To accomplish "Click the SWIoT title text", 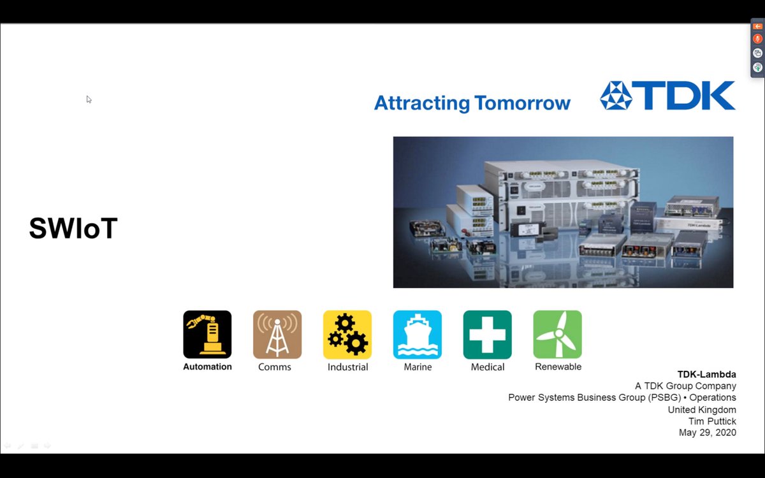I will click(73, 229).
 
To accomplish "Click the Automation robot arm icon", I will click(207, 334).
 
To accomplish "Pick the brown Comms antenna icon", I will click(277, 334).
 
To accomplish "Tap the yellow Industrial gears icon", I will click(347, 334).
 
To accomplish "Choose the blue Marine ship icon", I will click(418, 334).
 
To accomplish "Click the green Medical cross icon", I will click(488, 334).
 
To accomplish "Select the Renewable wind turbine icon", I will click(558, 334).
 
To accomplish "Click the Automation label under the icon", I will click(207, 367).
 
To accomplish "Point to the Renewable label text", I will click(558, 367).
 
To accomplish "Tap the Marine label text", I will click(418, 367).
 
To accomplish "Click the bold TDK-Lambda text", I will click(706, 375).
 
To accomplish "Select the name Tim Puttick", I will click(712, 421).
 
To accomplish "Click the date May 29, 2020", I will click(708, 433).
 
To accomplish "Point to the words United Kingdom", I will click(702, 410).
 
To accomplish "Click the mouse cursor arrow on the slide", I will click(89, 99).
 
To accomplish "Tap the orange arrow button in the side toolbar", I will click(757, 26).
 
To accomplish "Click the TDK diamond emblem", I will click(616, 96).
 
